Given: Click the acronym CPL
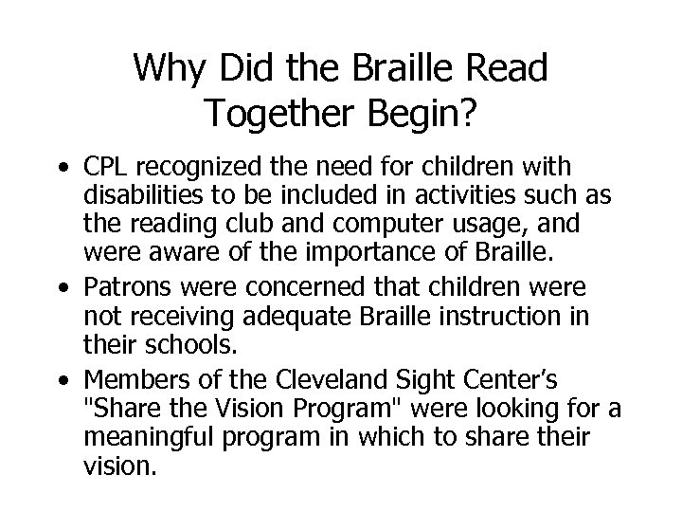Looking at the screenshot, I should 105,168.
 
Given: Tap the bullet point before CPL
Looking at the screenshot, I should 63,170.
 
